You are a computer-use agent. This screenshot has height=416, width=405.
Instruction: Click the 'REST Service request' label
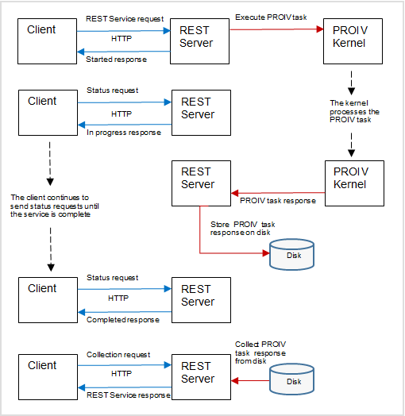point(125,19)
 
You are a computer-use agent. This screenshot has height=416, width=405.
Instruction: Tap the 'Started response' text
point(116,60)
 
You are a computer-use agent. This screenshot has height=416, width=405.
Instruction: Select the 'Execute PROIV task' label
point(271,17)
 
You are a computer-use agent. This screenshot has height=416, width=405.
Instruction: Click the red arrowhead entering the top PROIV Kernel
point(320,29)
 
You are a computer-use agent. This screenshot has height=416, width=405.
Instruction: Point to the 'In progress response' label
point(124,133)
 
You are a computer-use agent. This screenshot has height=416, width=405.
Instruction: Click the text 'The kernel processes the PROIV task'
point(355,111)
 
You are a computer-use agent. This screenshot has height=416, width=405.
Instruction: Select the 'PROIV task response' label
point(278,201)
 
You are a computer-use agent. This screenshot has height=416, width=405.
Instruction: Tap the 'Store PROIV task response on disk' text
point(243,229)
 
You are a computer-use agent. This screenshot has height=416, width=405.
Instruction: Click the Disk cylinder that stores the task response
point(291,254)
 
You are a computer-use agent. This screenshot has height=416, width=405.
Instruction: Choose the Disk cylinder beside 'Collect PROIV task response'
point(291,379)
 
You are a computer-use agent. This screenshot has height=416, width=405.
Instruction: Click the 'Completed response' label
point(123,320)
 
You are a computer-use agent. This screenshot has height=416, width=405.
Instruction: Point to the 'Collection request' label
point(118,355)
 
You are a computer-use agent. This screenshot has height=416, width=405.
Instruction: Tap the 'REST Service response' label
point(129,395)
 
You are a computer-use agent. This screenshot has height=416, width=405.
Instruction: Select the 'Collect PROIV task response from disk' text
point(260,352)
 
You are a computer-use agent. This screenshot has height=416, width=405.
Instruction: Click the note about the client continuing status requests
point(55,206)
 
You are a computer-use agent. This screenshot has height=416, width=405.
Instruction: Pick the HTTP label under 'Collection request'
point(121,374)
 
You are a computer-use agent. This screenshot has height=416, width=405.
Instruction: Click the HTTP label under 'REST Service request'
point(121,39)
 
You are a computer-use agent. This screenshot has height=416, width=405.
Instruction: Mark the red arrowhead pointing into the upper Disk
point(266,253)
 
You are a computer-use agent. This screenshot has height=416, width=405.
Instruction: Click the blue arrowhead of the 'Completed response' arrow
point(81,312)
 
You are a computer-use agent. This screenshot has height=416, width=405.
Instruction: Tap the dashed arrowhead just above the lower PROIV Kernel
point(351,153)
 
